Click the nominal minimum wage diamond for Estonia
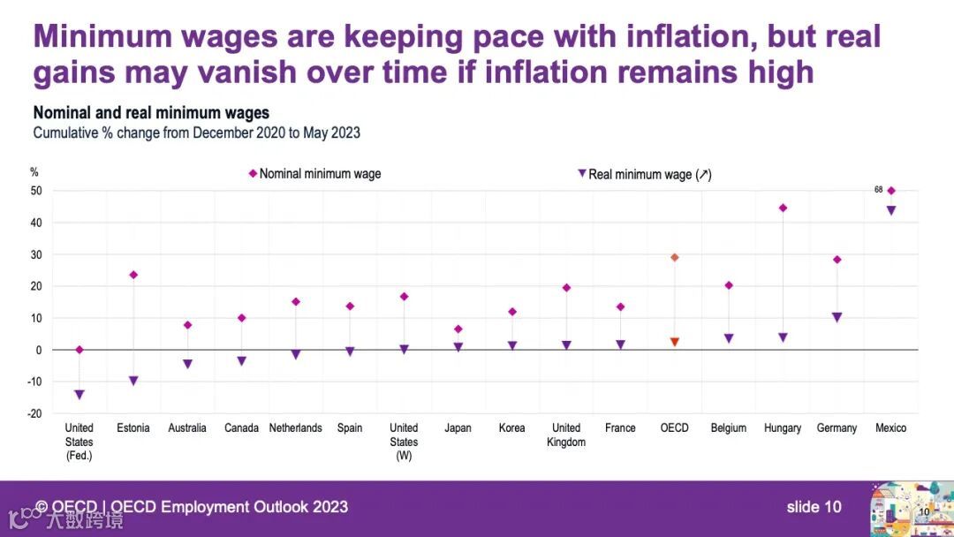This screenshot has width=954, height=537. tap(133, 275)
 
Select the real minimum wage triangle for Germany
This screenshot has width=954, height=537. tap(837, 317)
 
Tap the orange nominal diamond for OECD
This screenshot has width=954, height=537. tap(675, 257)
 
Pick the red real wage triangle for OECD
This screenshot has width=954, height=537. tap(675, 342)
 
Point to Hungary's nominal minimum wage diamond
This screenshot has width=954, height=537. tap(783, 208)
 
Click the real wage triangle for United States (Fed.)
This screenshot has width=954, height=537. tap(79, 395)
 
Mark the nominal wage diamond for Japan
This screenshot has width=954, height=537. tap(458, 329)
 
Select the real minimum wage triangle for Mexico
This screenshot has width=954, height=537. tap(891, 210)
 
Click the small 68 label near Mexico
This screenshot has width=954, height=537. tap(878, 189)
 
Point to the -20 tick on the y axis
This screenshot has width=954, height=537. tap(36, 413)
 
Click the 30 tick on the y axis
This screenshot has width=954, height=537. tap(36, 254)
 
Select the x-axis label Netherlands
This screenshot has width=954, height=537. tap(295, 428)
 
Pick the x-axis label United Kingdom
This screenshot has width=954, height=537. tap(566, 435)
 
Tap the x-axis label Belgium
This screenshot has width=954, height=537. tap(729, 428)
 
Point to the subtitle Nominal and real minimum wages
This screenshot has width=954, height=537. tap(151, 113)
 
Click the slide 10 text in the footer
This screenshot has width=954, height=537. tap(814, 507)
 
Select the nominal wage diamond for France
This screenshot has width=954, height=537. tap(620, 307)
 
